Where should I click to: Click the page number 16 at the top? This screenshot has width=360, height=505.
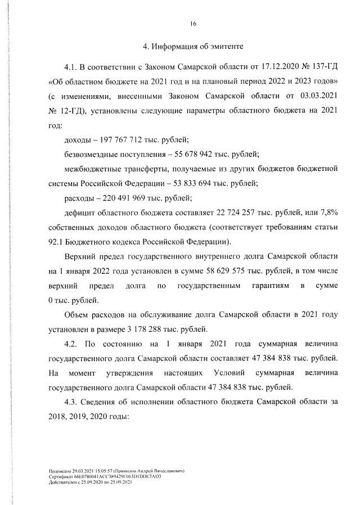(x=193, y=24)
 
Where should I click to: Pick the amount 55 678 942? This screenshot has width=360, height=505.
(x=193, y=154)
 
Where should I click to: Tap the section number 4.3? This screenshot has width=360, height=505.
(x=74, y=403)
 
